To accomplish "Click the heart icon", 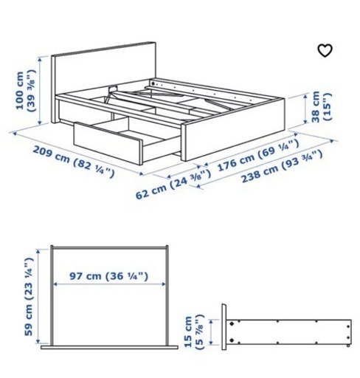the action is click(x=325, y=50).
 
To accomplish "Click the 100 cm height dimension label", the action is click(x=26, y=91).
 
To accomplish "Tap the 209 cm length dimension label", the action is click(x=74, y=162).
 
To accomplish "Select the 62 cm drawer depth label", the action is click(x=173, y=184).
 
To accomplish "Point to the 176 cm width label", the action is click(x=258, y=154).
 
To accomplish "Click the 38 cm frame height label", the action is click(x=321, y=106).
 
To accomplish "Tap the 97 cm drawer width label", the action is click(x=108, y=276).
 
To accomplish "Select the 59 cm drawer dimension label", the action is click(x=28, y=297).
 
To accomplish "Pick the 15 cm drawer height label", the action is click(x=194, y=331).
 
